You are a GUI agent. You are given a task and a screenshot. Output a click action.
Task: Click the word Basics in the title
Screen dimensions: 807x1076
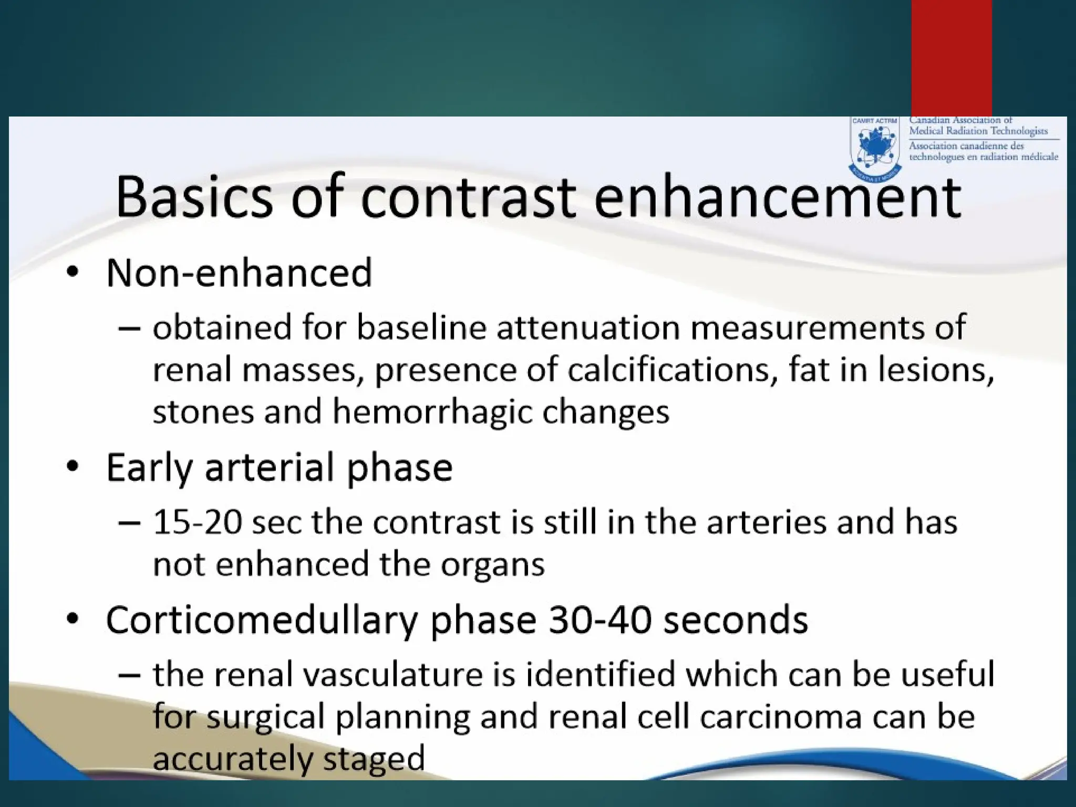pos(194,197)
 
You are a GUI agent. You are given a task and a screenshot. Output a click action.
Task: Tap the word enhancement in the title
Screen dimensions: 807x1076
pos(777,197)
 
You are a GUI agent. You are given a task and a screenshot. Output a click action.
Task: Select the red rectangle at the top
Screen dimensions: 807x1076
pos(951,58)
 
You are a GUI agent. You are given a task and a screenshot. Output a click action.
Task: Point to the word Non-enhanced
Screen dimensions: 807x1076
pos(239,273)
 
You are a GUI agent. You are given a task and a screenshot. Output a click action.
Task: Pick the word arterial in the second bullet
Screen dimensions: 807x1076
pos(270,467)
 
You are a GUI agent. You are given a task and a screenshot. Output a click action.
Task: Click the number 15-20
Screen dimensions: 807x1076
pos(198,522)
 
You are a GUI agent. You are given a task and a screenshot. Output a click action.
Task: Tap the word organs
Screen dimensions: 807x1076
pos(492,565)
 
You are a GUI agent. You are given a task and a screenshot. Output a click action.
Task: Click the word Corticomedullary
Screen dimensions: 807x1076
pos(262,620)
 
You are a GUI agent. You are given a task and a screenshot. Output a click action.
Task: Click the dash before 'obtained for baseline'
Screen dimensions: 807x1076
pos(129,328)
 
